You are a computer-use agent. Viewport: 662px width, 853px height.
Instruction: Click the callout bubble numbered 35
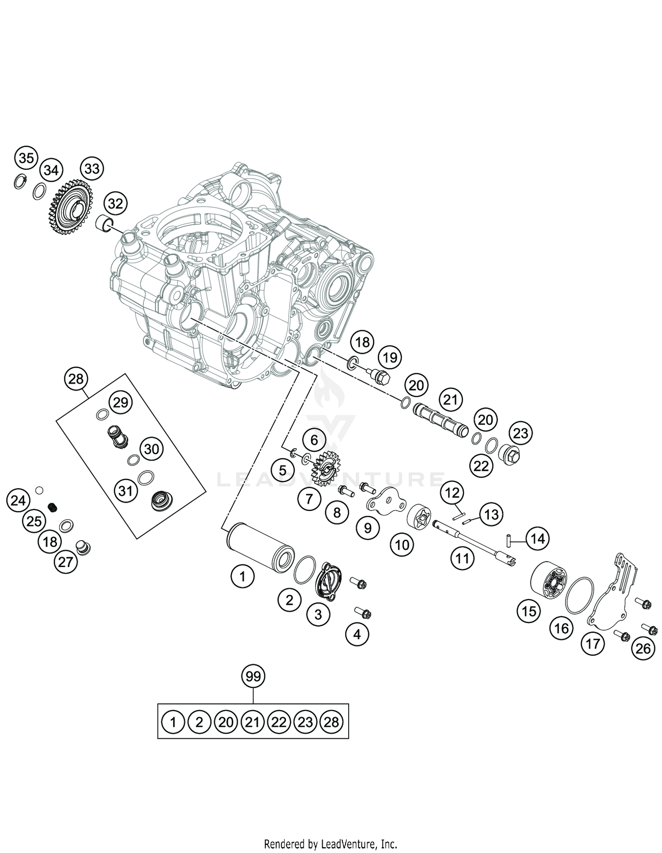click(x=26, y=158)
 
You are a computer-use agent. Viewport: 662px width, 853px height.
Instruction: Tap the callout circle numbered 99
click(x=253, y=676)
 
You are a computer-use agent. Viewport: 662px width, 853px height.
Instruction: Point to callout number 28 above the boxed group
click(x=76, y=379)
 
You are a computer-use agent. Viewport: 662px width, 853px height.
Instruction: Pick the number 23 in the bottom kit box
click(x=305, y=722)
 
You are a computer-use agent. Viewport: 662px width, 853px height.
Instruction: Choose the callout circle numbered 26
click(x=643, y=648)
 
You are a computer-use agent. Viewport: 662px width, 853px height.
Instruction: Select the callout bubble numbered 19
click(x=390, y=357)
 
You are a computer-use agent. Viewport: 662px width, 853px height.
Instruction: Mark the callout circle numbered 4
click(x=357, y=634)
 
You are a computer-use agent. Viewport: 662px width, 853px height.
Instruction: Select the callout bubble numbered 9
click(x=368, y=527)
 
